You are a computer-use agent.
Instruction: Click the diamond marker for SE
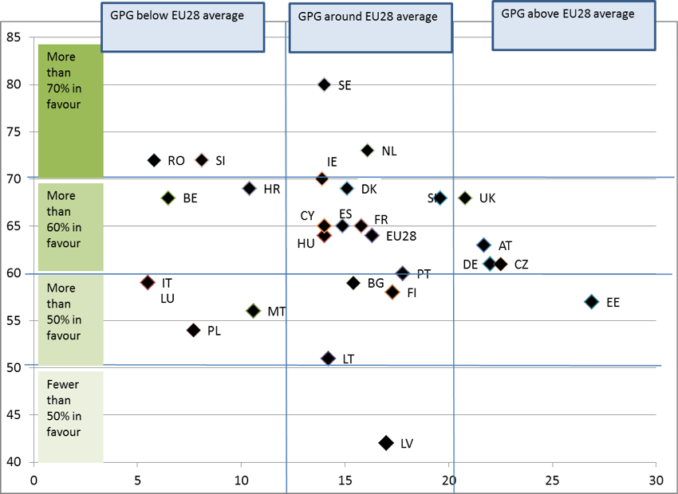click(324, 84)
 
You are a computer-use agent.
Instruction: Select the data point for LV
click(386, 442)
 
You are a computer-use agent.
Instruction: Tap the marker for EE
click(591, 302)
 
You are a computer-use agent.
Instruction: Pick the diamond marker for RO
click(154, 160)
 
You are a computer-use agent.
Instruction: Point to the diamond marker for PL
click(193, 330)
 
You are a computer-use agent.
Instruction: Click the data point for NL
click(367, 151)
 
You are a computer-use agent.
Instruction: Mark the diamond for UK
click(465, 198)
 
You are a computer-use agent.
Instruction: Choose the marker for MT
click(254, 311)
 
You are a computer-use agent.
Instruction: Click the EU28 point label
click(401, 236)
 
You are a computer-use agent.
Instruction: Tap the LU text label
click(168, 299)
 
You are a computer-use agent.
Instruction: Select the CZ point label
click(521, 265)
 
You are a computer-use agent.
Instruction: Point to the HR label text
click(271, 190)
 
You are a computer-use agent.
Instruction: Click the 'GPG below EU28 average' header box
click(183, 26)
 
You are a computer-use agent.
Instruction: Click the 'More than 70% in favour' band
click(71, 112)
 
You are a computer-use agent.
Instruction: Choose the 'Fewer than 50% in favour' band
click(70, 416)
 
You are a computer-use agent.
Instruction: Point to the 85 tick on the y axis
click(15, 37)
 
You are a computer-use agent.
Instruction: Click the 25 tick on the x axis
click(552, 480)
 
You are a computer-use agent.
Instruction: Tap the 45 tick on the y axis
click(15, 414)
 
